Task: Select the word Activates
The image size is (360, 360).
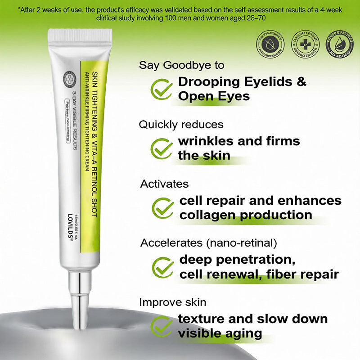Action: point(164,184)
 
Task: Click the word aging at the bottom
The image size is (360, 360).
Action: point(243,333)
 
